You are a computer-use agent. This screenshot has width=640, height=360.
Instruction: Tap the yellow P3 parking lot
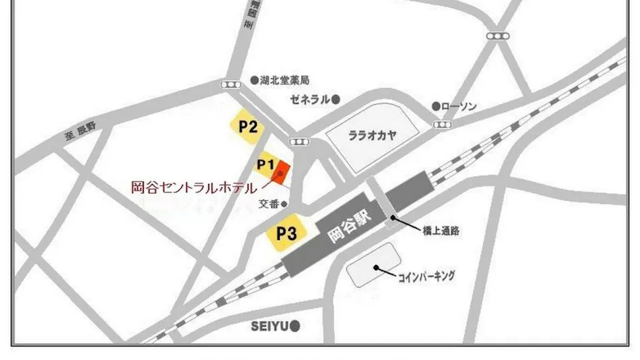(x=286, y=234)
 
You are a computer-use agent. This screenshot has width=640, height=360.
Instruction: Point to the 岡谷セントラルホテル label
(x=193, y=187)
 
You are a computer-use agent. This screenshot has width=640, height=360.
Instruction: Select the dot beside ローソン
(x=436, y=107)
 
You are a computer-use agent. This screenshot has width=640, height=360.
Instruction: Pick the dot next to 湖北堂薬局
(x=254, y=80)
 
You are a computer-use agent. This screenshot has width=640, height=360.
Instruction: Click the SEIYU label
(x=269, y=326)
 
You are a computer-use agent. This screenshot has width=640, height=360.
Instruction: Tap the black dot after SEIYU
(x=294, y=326)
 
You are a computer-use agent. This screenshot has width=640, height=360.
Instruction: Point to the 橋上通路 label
(x=442, y=231)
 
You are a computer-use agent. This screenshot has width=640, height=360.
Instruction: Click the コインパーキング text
(x=426, y=275)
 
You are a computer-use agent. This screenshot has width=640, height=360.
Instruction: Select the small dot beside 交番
(x=284, y=204)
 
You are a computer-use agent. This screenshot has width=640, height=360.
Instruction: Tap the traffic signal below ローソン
(x=443, y=124)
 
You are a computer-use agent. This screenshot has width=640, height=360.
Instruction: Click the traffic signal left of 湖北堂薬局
(x=230, y=84)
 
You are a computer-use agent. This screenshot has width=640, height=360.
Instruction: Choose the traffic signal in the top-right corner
(x=497, y=36)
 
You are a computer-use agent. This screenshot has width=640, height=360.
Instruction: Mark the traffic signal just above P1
(x=297, y=142)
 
